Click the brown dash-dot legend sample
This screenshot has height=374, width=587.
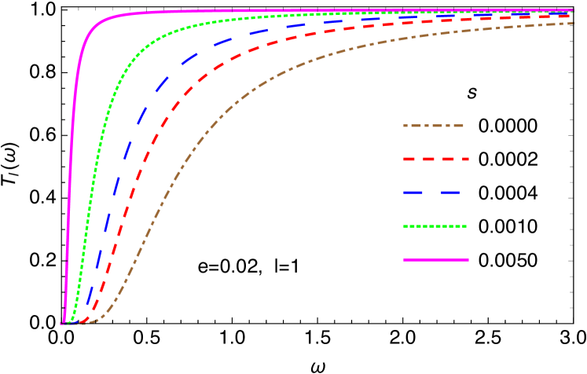pyautogui.click(x=433, y=126)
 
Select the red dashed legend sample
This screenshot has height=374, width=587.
pyautogui.click(x=435, y=159)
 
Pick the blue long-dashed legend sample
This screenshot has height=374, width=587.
pyautogui.click(x=431, y=192)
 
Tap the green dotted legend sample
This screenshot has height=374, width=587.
pyautogui.click(x=435, y=226)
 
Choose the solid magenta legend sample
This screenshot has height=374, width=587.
pyautogui.click(x=436, y=259)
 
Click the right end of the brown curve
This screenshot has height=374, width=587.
pyautogui.click(x=573, y=24)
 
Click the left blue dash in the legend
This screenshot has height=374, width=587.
pyautogui.click(x=414, y=192)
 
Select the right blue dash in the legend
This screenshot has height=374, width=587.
pyautogui.click(x=450, y=192)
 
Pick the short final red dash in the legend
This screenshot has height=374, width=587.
pyautogui.click(x=466, y=159)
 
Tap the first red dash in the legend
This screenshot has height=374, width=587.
pyautogui.click(x=409, y=159)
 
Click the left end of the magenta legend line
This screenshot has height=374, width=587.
pyautogui.click(x=405, y=259)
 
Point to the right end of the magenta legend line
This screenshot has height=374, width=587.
pyautogui.click(x=468, y=259)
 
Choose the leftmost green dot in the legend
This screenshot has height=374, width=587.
pyautogui.click(x=405, y=226)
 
